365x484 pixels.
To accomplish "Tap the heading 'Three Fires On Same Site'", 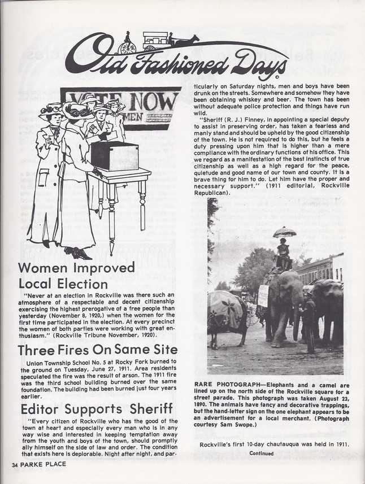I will pyautogui.click(x=98, y=350).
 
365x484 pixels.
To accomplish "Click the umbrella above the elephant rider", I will pyautogui.click(x=284, y=232).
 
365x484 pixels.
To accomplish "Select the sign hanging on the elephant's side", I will pyautogui.click(x=263, y=295).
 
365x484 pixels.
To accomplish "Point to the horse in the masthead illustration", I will pyautogui.click(x=186, y=41).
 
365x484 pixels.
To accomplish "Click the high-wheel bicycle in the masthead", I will pyautogui.click(x=128, y=42).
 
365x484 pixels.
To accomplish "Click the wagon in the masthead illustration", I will pyautogui.click(x=157, y=40).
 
